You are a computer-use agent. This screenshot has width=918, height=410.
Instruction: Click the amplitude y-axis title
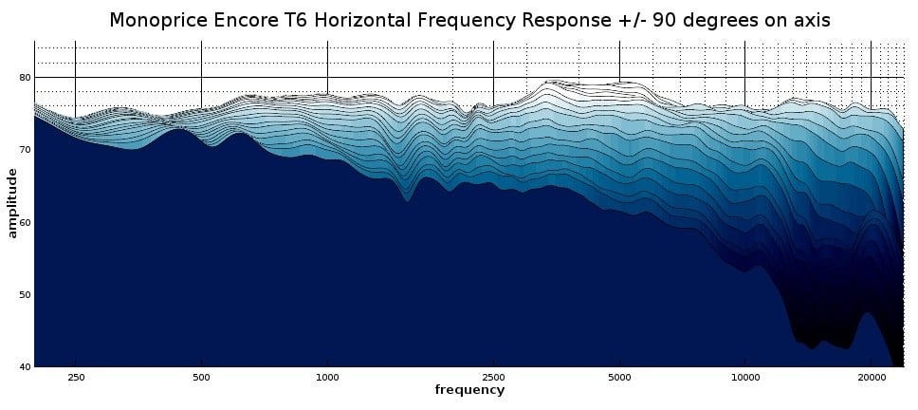(x=12, y=202)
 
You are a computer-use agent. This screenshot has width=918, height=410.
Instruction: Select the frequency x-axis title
(x=469, y=390)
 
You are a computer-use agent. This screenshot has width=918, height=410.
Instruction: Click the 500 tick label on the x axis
(x=201, y=376)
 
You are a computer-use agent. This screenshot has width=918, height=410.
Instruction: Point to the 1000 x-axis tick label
(x=327, y=376)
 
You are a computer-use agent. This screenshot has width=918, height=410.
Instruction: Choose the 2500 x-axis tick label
(x=493, y=376)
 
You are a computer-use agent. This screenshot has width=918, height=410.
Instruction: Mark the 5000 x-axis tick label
(x=619, y=376)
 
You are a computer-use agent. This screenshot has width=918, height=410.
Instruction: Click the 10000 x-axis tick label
(x=745, y=376)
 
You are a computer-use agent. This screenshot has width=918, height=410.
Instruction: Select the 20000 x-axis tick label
(x=871, y=376)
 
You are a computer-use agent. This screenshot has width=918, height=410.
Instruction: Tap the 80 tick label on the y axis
(x=25, y=78)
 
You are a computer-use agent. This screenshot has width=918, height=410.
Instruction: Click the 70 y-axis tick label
(x=25, y=150)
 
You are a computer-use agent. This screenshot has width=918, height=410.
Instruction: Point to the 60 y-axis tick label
(x=25, y=222)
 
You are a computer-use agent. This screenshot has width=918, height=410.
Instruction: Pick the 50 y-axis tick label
(x=25, y=294)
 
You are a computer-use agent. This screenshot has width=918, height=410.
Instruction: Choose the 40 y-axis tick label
(x=25, y=366)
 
